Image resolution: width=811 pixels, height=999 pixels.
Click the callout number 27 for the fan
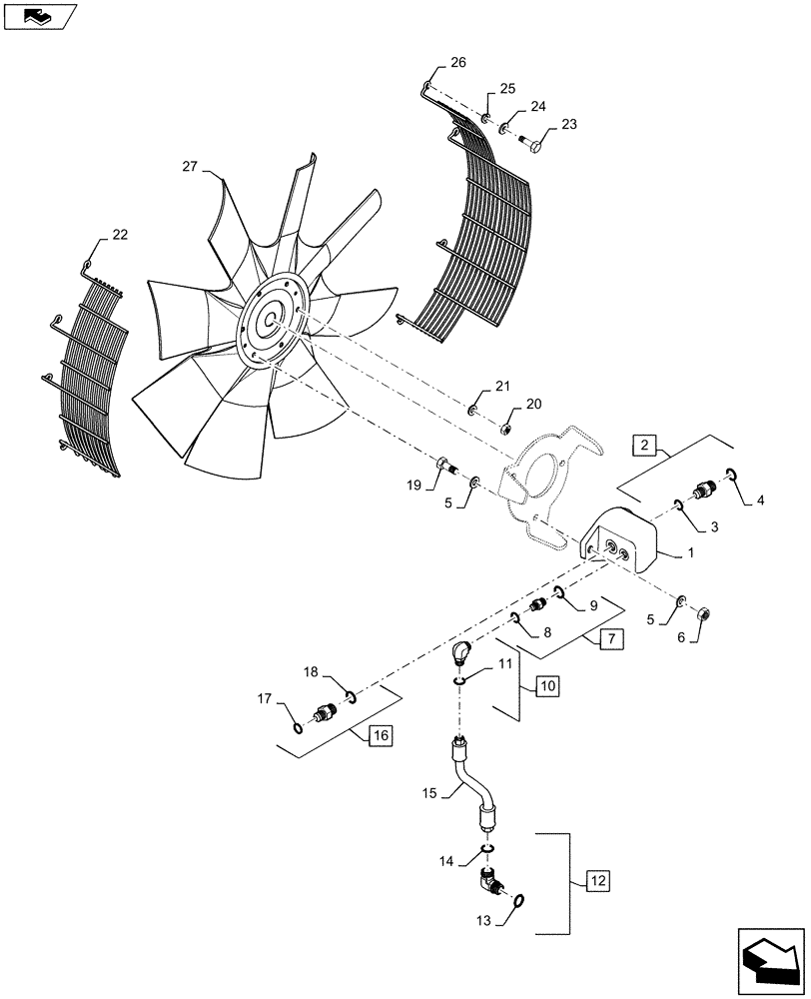(x=191, y=166)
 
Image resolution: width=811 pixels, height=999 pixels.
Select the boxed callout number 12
(x=595, y=881)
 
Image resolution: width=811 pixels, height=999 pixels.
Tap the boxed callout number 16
(x=380, y=736)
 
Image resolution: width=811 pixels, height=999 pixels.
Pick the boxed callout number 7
(x=610, y=639)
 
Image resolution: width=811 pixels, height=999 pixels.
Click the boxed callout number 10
(x=547, y=686)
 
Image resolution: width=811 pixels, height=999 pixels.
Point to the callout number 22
(x=120, y=235)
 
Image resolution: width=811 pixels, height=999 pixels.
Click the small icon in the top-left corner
(x=38, y=14)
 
